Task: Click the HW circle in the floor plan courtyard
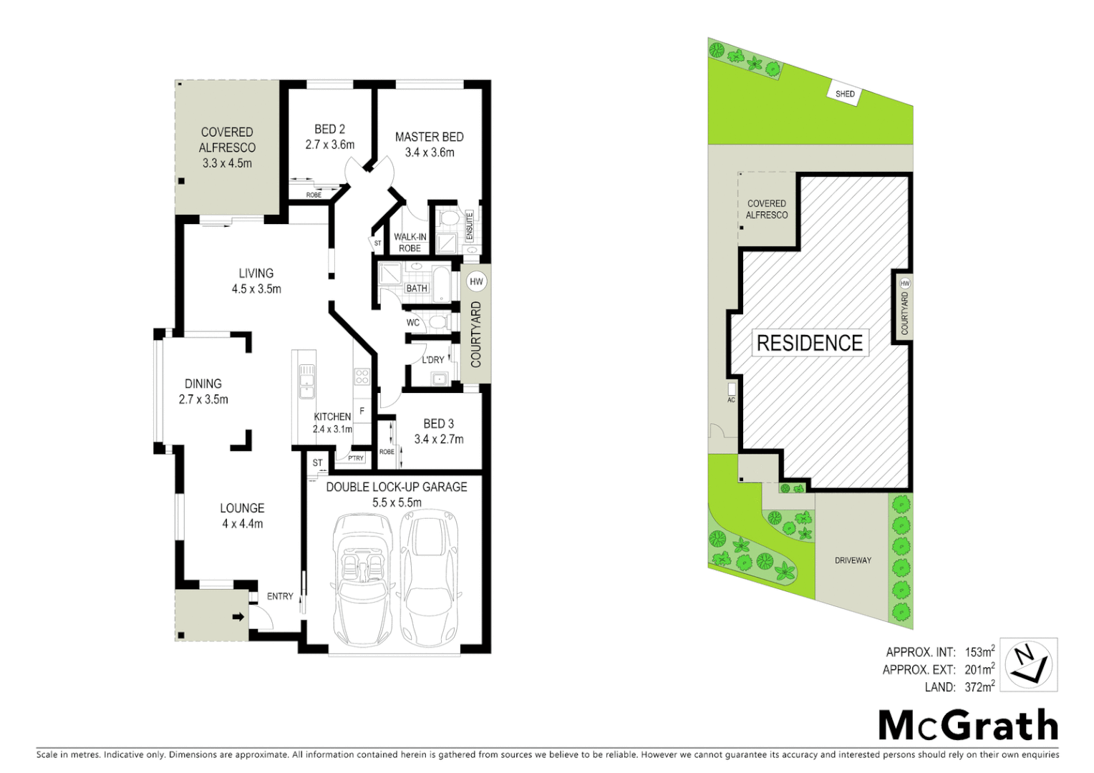point(476,281)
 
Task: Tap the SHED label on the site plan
point(845,94)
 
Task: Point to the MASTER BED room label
point(429,137)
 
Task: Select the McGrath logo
point(968,726)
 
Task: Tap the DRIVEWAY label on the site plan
point(853,560)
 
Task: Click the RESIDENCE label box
point(809,343)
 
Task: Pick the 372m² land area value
point(979,687)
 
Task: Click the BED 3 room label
point(438,424)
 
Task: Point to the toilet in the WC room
point(437,321)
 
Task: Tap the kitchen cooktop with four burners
point(362,376)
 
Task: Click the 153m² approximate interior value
point(979,652)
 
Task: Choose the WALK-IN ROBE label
point(410,243)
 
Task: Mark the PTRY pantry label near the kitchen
point(356,458)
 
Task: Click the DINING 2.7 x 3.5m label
point(203,392)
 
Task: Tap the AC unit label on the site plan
point(731,400)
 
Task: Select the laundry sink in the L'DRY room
point(437,379)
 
